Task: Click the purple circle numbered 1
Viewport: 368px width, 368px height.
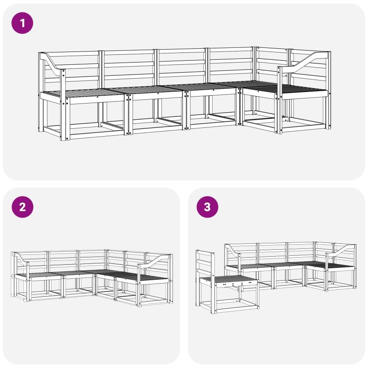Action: (22, 23)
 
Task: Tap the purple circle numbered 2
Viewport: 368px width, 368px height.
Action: (22, 207)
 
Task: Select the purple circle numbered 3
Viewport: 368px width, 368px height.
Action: (207, 207)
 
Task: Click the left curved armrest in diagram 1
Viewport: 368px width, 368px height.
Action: (52, 63)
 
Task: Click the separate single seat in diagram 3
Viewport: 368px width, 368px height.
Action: (227, 282)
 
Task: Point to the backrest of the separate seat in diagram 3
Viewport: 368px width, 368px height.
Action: (205, 265)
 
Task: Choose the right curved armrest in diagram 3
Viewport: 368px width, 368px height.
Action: (340, 252)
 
